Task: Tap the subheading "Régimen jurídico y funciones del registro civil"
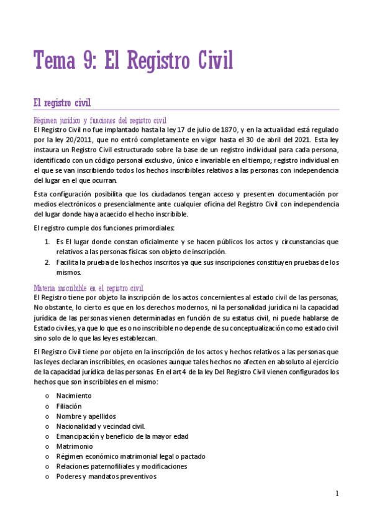(x=100, y=120)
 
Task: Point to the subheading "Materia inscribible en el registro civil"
(x=89, y=288)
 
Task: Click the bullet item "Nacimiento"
(x=74, y=395)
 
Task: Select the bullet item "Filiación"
(x=69, y=406)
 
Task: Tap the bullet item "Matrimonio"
(x=75, y=446)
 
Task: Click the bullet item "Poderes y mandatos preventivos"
(x=106, y=477)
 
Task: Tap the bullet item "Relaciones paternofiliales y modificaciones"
(x=121, y=466)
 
